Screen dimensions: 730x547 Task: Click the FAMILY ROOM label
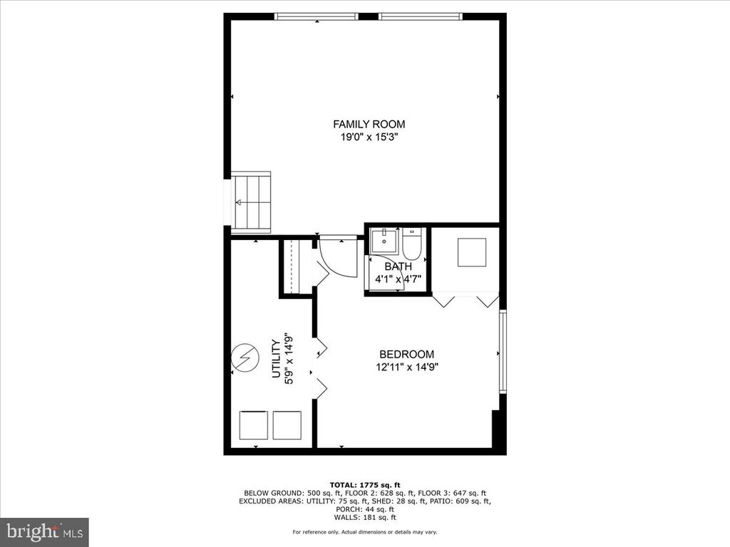pyautogui.click(x=369, y=124)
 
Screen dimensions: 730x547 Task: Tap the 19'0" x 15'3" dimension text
pyautogui.click(x=369, y=137)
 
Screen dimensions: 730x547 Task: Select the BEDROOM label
pyautogui.click(x=406, y=355)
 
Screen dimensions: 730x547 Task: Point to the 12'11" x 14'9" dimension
pyautogui.click(x=407, y=367)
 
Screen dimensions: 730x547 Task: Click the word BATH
pyautogui.click(x=398, y=266)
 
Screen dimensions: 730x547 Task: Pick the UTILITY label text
pyautogui.click(x=276, y=358)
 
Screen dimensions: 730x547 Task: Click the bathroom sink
pyautogui.click(x=384, y=241)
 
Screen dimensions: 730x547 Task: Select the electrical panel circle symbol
pyautogui.click(x=245, y=358)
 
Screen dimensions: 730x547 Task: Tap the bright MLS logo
pyautogui.click(x=45, y=531)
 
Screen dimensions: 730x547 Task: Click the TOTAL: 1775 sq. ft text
pyautogui.click(x=365, y=485)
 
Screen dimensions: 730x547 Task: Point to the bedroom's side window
pyautogui.click(x=503, y=352)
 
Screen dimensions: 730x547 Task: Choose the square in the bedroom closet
pyautogui.click(x=472, y=253)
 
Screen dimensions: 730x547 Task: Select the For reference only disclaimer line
pyautogui.click(x=365, y=532)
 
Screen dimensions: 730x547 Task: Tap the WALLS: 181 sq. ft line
pyautogui.click(x=365, y=517)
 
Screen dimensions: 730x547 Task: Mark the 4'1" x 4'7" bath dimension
pyautogui.click(x=398, y=279)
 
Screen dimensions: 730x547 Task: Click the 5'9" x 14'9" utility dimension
pyautogui.click(x=289, y=358)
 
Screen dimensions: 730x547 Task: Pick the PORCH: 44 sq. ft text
pyautogui.click(x=365, y=509)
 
